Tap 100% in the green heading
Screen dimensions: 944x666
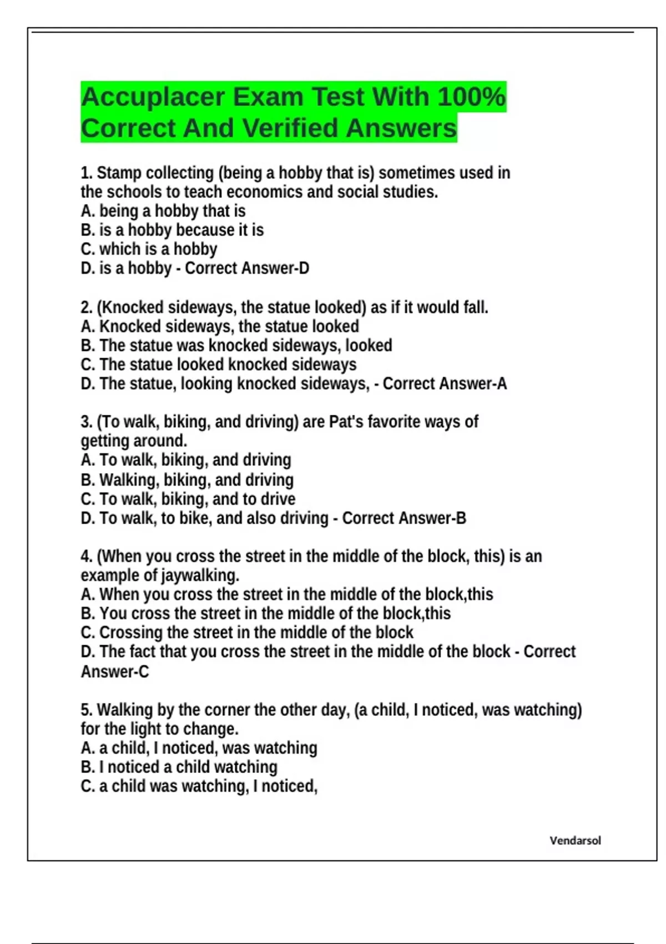(471, 97)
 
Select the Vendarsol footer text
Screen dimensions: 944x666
(575, 840)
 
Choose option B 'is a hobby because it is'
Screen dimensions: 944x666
(172, 230)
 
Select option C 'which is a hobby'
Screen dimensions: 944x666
(149, 249)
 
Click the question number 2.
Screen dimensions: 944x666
(86, 307)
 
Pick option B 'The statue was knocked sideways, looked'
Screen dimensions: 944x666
(236, 345)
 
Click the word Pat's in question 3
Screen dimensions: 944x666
(346, 422)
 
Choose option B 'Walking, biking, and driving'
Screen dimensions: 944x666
(187, 480)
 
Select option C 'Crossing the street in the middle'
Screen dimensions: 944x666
(247, 632)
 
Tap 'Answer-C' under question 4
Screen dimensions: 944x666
(115, 672)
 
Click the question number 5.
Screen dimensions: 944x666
(86, 710)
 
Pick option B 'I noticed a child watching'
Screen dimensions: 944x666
(179, 767)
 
